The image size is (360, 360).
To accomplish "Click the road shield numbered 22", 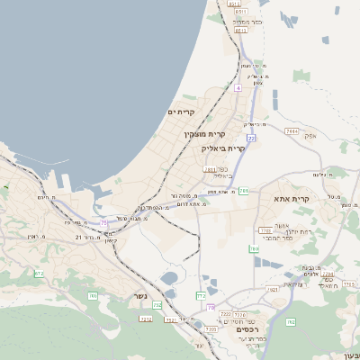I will click(x=252, y=137).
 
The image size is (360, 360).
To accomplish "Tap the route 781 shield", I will click(x=243, y=191).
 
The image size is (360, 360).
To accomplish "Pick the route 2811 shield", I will click(x=210, y=168).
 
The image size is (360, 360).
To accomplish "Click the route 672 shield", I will click(x=39, y=274).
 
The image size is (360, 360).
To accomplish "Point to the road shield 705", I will click(x=92, y=294).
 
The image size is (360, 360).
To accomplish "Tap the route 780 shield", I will click(x=255, y=249).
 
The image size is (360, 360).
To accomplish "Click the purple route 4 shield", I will click(x=238, y=88).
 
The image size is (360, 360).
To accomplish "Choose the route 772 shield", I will click(x=201, y=295).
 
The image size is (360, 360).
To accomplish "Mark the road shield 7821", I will click(x=273, y=290).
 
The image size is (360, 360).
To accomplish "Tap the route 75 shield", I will click(x=104, y=223).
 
